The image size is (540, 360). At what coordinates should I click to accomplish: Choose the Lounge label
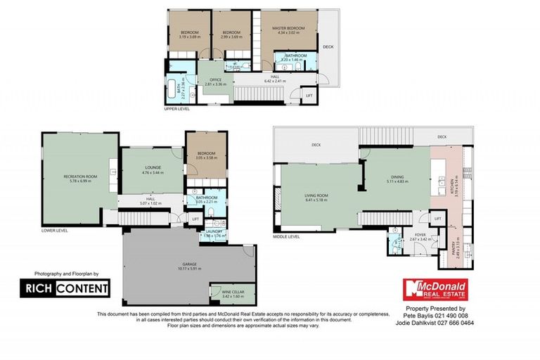[153, 169]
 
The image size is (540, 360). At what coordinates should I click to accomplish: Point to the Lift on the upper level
[308, 94]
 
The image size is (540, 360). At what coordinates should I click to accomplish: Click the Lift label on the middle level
[437, 219]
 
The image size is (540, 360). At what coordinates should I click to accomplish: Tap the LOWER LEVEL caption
[54, 230]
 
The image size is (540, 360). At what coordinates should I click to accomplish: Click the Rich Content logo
[64, 288]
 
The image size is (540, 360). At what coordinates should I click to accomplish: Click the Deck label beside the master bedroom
[328, 47]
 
